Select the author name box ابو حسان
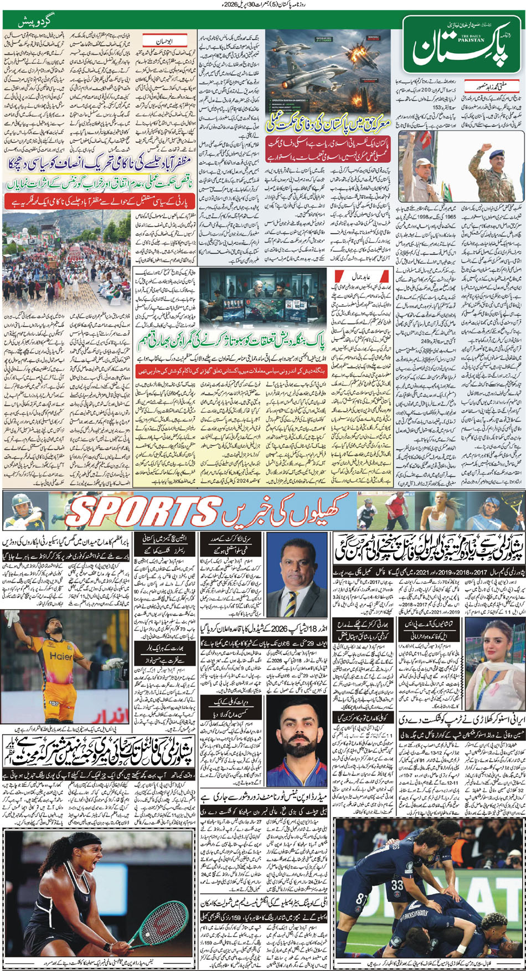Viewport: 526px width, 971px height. click(x=164, y=41)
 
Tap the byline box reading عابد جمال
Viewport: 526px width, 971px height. click(x=361, y=276)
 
